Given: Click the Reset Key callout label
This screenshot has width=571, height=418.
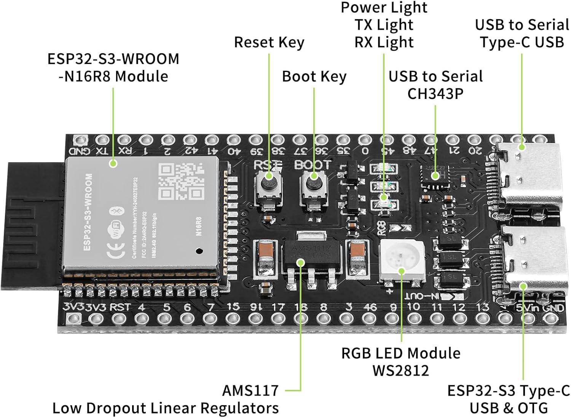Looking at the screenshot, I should click(x=269, y=42).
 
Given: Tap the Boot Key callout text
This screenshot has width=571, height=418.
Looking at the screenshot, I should click(x=314, y=77).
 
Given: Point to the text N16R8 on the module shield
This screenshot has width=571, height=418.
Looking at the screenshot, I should click(x=198, y=227).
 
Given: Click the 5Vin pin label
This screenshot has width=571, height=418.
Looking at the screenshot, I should click(x=526, y=307).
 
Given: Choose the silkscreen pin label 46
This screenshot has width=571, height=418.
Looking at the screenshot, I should click(x=370, y=307).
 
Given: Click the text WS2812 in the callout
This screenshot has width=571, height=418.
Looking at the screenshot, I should click(x=400, y=370).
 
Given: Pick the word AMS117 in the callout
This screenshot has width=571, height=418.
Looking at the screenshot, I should click(x=250, y=391).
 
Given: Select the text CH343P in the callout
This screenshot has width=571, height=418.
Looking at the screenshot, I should click(x=435, y=94).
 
